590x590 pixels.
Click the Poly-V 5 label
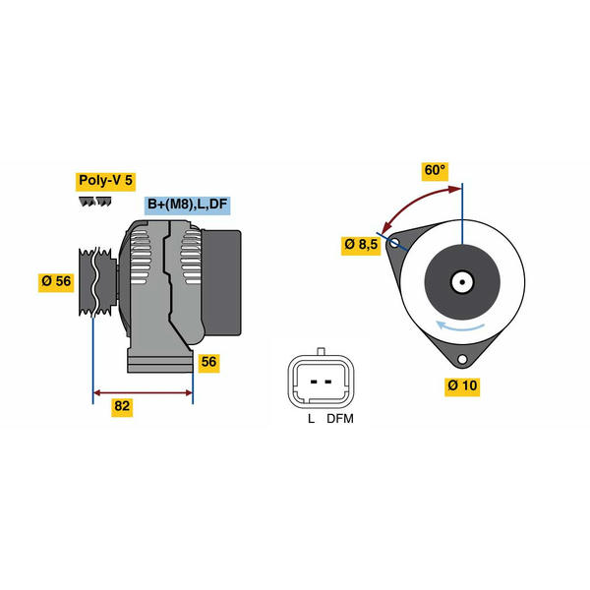pyautogui.click(x=106, y=182)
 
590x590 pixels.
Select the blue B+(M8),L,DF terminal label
pyautogui.click(x=188, y=206)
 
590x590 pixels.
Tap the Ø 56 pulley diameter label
pyautogui.click(x=56, y=281)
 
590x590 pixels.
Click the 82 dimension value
pyautogui.click(x=122, y=407)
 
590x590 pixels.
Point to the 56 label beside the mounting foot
pyautogui.click(x=208, y=362)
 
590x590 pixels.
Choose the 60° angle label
pyautogui.click(x=435, y=171)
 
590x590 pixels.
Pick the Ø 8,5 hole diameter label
pyautogui.click(x=361, y=245)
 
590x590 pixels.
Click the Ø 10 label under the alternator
pyautogui.click(x=462, y=386)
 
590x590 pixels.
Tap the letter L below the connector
pyautogui.click(x=311, y=419)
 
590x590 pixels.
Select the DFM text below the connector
pyautogui.click(x=340, y=419)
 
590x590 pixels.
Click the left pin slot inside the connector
pyautogui.click(x=314, y=382)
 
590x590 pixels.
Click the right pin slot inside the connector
pyautogui.click(x=328, y=382)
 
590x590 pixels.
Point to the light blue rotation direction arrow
pyautogui.click(x=460, y=327)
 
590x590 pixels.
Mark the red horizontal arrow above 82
pyautogui.click(x=143, y=392)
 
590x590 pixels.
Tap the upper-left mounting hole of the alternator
pyautogui.click(x=394, y=243)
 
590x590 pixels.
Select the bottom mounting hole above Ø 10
pyautogui.click(x=462, y=359)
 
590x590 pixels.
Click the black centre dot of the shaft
pyautogui.click(x=462, y=282)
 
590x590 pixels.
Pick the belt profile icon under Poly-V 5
pyautogui.click(x=95, y=202)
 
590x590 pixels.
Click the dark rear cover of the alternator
pyautogui.click(x=221, y=282)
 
